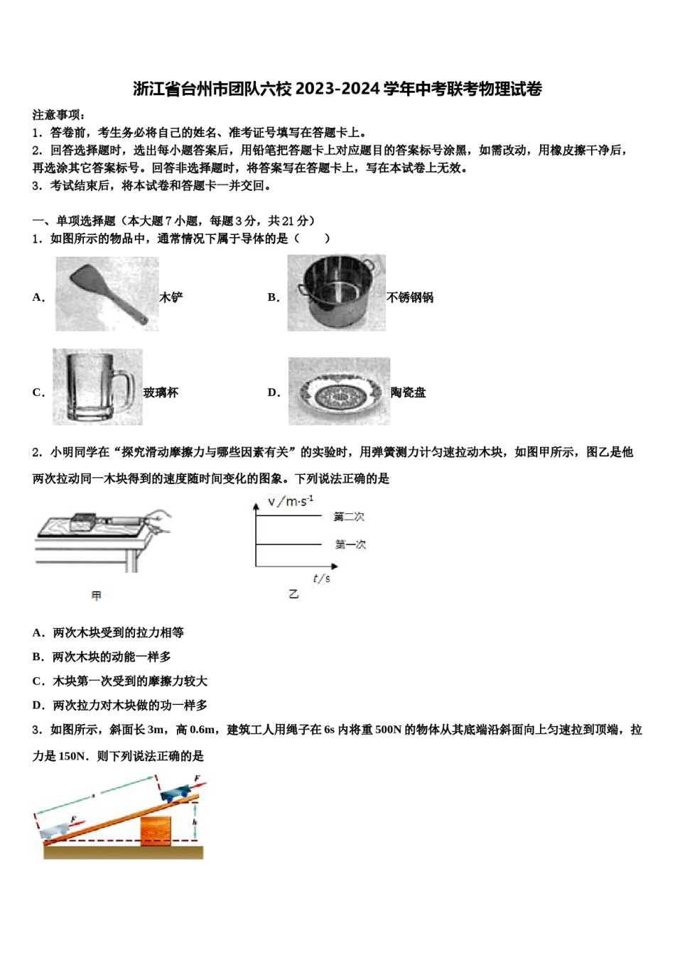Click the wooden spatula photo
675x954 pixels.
click(x=107, y=292)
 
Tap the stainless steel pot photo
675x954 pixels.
click(x=336, y=292)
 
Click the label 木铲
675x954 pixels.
click(x=171, y=297)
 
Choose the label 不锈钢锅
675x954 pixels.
click(x=410, y=297)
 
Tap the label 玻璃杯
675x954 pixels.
click(x=161, y=393)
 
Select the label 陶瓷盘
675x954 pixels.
click(x=409, y=393)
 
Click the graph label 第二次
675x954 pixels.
click(x=350, y=517)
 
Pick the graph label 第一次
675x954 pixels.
click(x=350, y=544)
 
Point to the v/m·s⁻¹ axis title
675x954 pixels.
click(x=291, y=502)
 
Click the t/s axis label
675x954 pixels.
click(x=321, y=579)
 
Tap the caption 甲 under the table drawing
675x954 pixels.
click(x=97, y=596)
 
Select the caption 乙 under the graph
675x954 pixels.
click(x=293, y=594)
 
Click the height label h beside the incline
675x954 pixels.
click(x=195, y=822)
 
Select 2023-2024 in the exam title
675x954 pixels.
click(x=337, y=89)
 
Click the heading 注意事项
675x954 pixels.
click(x=59, y=114)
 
